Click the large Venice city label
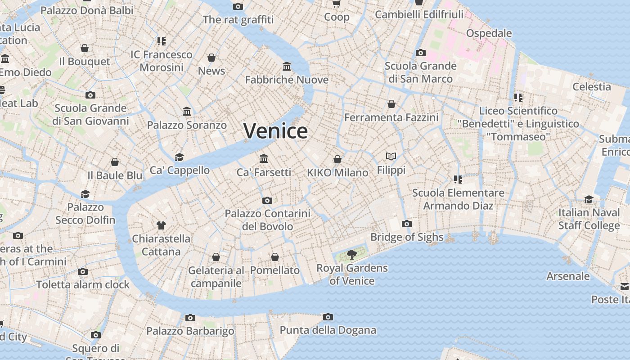[x=275, y=131]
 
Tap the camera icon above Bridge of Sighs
[x=406, y=224]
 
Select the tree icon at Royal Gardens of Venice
[x=352, y=255]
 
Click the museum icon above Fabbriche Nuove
[x=287, y=67]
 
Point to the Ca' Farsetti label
[x=264, y=172]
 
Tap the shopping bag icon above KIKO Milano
[x=337, y=159]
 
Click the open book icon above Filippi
[x=391, y=157]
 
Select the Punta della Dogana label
[x=328, y=330]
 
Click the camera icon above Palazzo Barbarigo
[x=190, y=318]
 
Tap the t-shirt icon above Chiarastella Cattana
[x=161, y=225]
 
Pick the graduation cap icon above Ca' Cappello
[x=180, y=157]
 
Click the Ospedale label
[x=489, y=33]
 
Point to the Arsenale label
[x=568, y=276]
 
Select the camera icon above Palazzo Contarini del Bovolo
[x=267, y=200]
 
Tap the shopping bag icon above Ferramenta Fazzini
[x=391, y=104]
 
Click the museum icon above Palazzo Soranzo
[x=187, y=111]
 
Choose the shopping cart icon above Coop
[x=336, y=4]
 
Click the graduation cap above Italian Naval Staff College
[x=589, y=199]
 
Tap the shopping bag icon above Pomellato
[x=275, y=257]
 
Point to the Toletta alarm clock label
[x=83, y=284]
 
